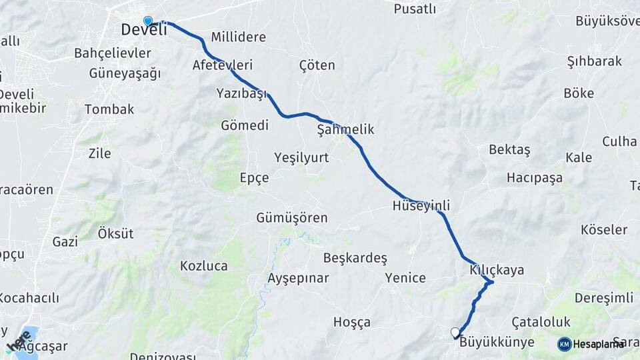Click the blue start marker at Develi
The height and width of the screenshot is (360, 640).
(x=148, y=21)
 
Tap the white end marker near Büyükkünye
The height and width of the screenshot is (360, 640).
(x=455, y=332)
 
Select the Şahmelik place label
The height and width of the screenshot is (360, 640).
(x=345, y=130)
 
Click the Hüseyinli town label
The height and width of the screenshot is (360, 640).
(x=421, y=206)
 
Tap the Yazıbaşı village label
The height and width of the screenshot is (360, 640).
(x=241, y=93)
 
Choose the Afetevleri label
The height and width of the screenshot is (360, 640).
(x=223, y=65)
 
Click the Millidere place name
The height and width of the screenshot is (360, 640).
(x=238, y=37)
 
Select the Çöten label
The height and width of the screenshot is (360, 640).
(x=317, y=65)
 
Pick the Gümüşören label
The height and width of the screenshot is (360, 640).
(x=292, y=218)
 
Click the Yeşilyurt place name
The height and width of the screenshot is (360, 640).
(x=302, y=157)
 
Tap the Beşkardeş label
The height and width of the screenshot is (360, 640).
(x=355, y=257)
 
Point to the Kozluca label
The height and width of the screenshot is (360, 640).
(x=203, y=266)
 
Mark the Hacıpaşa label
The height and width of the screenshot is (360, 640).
(x=534, y=178)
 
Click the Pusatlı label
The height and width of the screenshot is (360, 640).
(x=415, y=9)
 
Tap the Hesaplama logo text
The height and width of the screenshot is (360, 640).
(x=598, y=344)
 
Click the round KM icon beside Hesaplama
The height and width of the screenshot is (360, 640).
(x=564, y=344)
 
